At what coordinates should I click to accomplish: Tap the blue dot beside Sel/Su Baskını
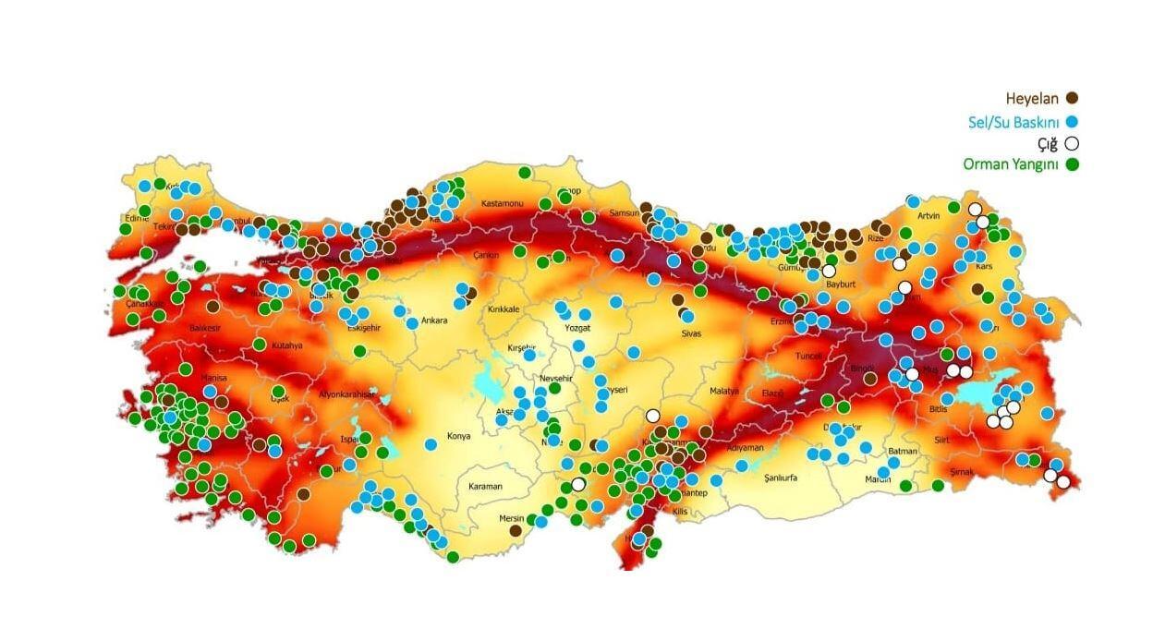(1072, 121)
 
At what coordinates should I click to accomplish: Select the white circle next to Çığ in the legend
(1072, 143)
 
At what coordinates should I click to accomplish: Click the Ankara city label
(434, 321)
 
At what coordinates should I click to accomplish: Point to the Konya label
(458, 436)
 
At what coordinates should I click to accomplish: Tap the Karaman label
(485, 487)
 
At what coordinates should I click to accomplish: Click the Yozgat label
(576, 328)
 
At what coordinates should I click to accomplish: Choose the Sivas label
(690, 333)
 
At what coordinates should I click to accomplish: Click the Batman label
(902, 452)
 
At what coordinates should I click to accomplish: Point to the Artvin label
(928, 215)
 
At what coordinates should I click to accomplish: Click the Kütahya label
(287, 345)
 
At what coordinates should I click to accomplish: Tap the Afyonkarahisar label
(347, 394)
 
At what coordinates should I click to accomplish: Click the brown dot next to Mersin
(516, 530)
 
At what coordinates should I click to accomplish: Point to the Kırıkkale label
(504, 309)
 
